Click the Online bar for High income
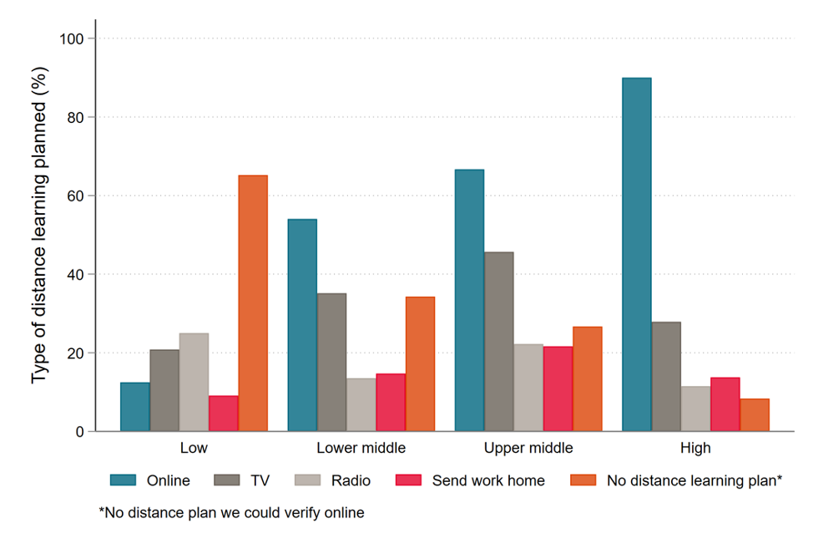pyautogui.click(x=636, y=255)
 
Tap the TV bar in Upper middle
pyautogui.click(x=499, y=342)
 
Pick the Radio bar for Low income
pyautogui.click(x=194, y=383)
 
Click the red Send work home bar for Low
pyautogui.click(x=224, y=414)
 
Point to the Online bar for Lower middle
pyautogui.click(x=302, y=325)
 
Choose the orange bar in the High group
pyautogui.click(x=755, y=415)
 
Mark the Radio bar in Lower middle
pyautogui.click(x=361, y=405)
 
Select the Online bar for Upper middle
pyautogui.click(x=469, y=301)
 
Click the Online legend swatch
pyautogui.click(x=124, y=480)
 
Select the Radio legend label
pyautogui.click(x=351, y=480)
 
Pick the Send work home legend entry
pyautogui.click(x=488, y=480)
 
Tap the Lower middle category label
pyautogui.click(x=361, y=449)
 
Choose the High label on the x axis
pyautogui.click(x=695, y=449)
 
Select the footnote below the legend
pyautogui.click(x=231, y=513)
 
